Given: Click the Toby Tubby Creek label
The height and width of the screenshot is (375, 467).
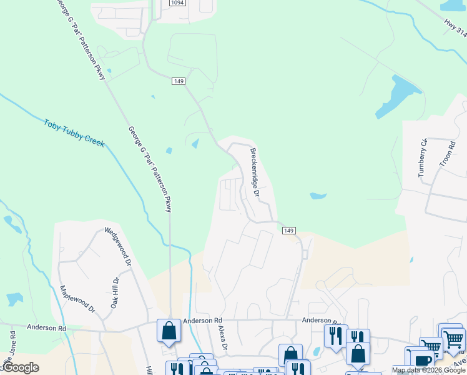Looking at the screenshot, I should pyautogui.click(x=74, y=132).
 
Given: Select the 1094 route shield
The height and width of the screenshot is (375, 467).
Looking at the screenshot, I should pyautogui.click(x=178, y=3).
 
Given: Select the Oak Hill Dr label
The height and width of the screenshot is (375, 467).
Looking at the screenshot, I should pyautogui.click(x=114, y=292).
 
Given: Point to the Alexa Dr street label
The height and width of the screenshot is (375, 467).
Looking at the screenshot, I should pyautogui.click(x=220, y=337).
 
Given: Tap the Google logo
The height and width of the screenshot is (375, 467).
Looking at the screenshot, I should pyautogui.click(x=20, y=367).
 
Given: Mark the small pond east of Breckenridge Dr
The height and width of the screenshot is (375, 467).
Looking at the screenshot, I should pyautogui.click(x=318, y=196).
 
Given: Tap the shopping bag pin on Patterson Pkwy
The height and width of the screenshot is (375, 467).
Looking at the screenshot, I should pyautogui.click(x=169, y=331).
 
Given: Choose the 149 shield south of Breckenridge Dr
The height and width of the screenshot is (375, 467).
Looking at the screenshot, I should pyautogui.click(x=288, y=231).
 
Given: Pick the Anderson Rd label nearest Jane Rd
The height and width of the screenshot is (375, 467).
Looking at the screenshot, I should pyautogui.click(x=46, y=327).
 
